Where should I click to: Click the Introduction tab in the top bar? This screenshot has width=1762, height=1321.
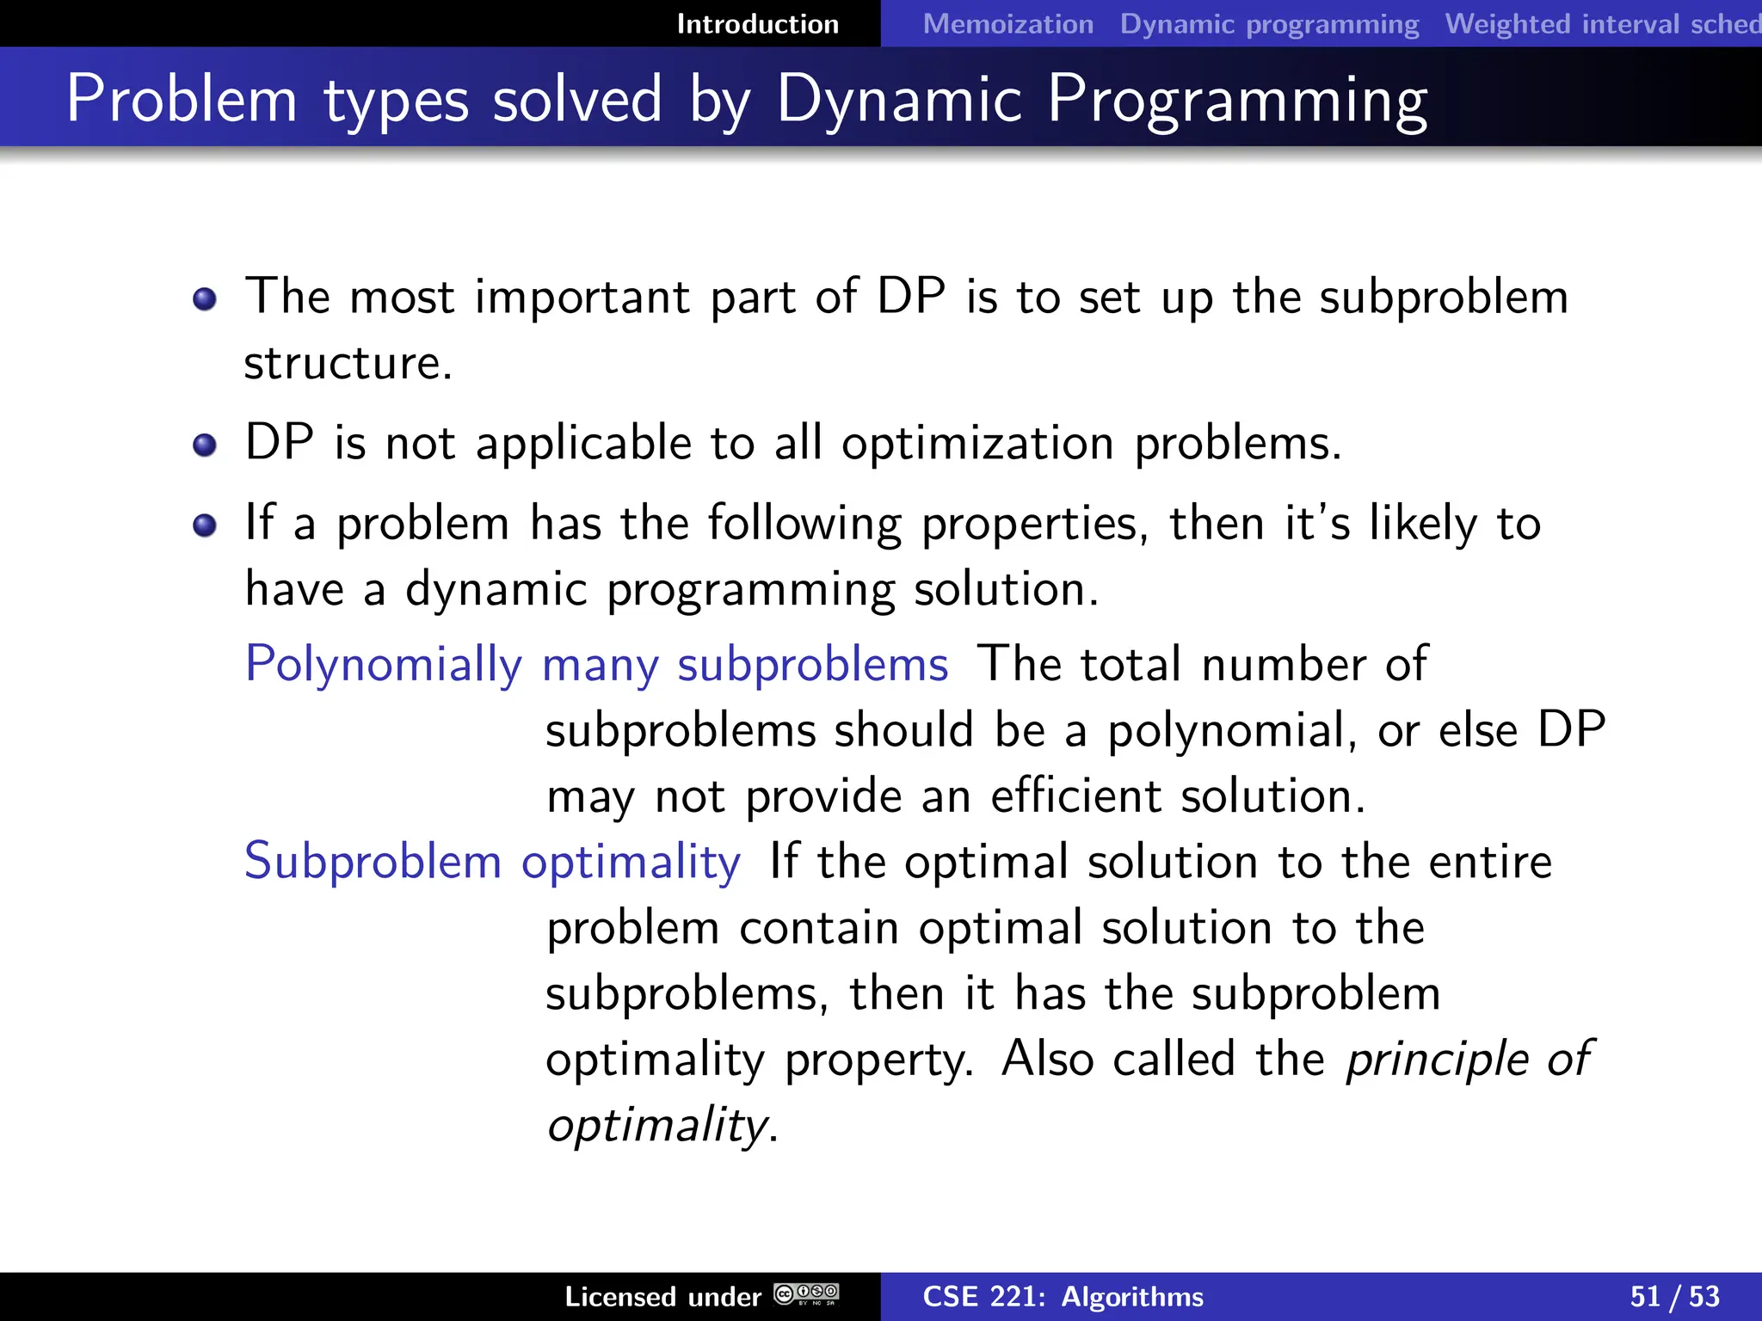coord(757,24)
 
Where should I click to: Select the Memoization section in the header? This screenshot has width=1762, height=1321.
coord(1007,24)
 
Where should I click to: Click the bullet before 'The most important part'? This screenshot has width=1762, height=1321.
coord(205,299)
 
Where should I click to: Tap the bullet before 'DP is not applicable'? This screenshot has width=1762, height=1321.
coord(205,445)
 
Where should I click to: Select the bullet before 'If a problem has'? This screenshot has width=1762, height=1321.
coord(205,525)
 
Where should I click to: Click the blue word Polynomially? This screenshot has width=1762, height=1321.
coord(383,665)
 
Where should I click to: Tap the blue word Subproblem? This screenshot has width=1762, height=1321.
coord(373,862)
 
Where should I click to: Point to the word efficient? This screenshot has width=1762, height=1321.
coord(1075,796)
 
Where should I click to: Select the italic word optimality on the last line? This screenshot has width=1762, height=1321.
coord(657,1125)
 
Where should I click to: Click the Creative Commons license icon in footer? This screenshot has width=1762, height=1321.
coord(806,1294)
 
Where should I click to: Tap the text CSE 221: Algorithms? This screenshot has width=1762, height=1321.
coord(1063,1297)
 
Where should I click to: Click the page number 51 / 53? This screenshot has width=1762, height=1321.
coord(1674,1297)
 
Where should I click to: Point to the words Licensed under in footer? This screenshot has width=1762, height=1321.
coord(662,1297)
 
